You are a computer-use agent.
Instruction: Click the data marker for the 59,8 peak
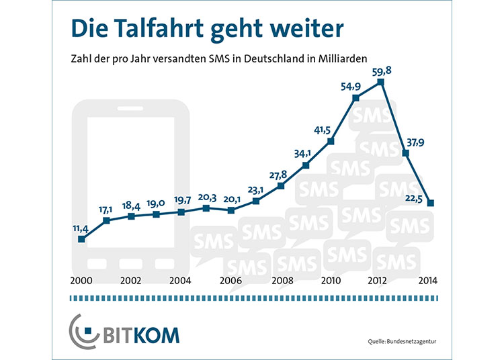pos(380,82)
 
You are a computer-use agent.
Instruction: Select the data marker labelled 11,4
pos(81,239)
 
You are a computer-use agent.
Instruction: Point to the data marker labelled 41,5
pos(331,141)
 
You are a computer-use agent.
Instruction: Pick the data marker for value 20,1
pos(230,210)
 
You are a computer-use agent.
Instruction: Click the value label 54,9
pos(351,86)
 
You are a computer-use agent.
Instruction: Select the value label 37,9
pos(415,142)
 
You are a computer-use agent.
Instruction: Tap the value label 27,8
pos(278,175)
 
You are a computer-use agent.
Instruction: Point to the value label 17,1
pos(106,210)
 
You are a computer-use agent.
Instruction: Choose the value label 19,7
pos(182,200)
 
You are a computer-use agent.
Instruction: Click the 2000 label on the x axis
pos(81,281)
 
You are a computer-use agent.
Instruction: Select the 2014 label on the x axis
pos(428,281)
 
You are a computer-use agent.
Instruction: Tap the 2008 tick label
pos(282,281)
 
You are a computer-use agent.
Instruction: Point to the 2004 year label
pos(180,281)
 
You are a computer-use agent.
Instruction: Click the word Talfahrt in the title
pos(159,28)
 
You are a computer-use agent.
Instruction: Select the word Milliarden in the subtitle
pos(343,59)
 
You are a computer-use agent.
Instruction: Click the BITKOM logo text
pos(141,336)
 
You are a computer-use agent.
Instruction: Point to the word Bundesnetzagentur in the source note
pos(411,341)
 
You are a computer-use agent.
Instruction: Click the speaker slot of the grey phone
pos(130,109)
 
